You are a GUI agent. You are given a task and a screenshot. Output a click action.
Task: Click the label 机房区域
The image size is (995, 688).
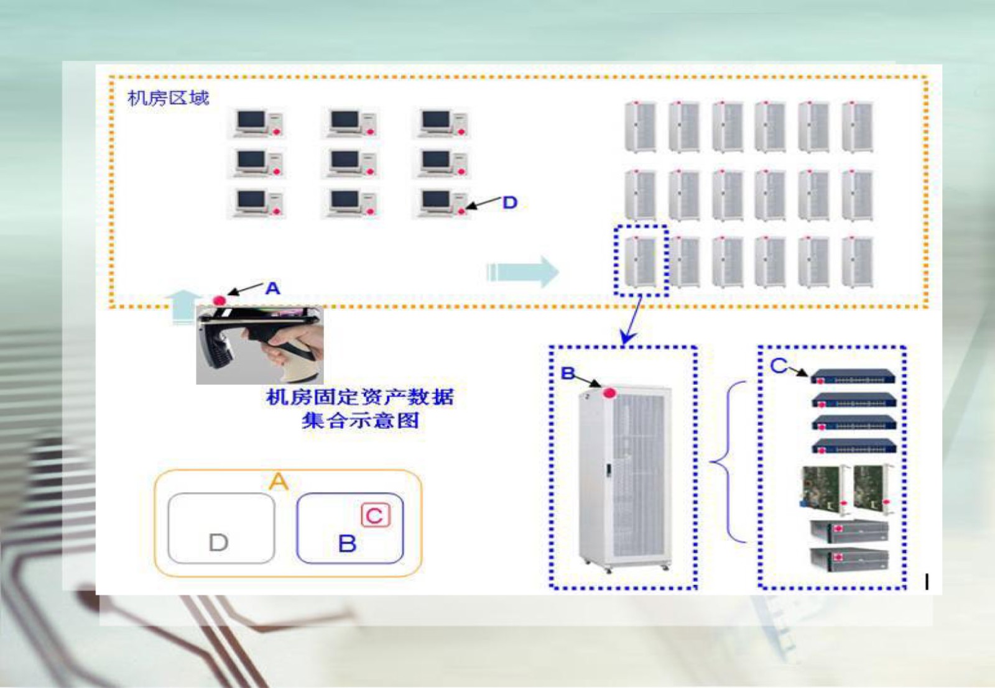point(168,98)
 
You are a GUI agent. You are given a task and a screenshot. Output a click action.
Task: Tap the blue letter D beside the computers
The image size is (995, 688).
point(510,203)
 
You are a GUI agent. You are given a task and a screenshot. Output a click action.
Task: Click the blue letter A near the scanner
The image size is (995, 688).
point(272,288)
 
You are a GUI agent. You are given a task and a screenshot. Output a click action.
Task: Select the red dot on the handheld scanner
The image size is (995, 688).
point(220,301)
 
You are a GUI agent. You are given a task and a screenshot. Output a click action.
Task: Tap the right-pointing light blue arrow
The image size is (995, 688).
point(522,272)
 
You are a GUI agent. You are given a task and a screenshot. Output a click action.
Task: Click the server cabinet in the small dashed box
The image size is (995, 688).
point(641,261)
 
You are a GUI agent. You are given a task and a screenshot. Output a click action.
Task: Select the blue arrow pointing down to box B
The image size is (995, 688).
point(632,320)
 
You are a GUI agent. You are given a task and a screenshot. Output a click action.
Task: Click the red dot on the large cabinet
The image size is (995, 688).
point(609,393)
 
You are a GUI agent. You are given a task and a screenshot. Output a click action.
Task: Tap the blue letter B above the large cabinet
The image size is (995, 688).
point(568,374)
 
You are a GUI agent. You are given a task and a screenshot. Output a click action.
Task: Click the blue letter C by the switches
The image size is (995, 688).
point(778,365)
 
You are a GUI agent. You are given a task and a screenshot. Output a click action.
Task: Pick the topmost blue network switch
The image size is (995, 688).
point(853,376)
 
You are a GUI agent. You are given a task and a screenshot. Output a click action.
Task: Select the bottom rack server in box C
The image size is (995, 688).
point(849,558)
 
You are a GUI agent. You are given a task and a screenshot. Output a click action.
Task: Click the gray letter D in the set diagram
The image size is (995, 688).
point(218,543)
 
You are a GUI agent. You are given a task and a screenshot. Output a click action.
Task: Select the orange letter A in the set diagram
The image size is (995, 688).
point(279,482)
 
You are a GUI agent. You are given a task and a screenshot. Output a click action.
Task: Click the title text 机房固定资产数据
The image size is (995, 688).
point(360,397)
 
